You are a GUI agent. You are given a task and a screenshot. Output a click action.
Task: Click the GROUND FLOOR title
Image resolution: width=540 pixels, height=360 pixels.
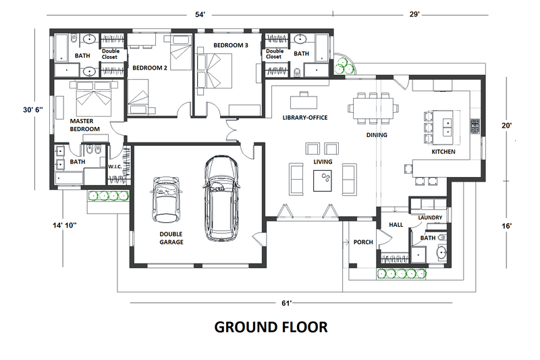[x=271, y=327]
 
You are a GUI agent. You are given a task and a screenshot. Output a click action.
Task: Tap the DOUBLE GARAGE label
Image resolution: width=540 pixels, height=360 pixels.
[x=171, y=238]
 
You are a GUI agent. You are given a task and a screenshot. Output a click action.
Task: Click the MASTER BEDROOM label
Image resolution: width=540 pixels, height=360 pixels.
[x=85, y=125]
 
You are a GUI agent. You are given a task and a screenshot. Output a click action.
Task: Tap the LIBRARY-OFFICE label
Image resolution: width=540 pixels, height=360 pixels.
[x=305, y=118]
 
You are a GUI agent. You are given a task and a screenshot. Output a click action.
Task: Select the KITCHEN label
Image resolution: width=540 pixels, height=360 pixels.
[x=443, y=152]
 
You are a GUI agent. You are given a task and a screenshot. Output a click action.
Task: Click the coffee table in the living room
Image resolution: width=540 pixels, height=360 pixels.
[x=323, y=179]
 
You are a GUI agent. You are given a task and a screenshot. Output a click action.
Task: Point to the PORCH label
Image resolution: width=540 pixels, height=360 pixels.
[x=363, y=242]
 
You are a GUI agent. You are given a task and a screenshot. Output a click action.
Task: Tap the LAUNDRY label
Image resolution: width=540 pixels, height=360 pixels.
[x=430, y=217]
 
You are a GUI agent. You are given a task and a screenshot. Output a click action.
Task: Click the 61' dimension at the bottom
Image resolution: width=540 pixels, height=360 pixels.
[x=288, y=303]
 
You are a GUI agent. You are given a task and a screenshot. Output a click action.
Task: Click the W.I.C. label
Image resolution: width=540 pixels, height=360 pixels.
[x=114, y=165]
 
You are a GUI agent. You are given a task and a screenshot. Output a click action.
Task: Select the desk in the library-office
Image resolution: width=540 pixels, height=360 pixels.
[x=302, y=101]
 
